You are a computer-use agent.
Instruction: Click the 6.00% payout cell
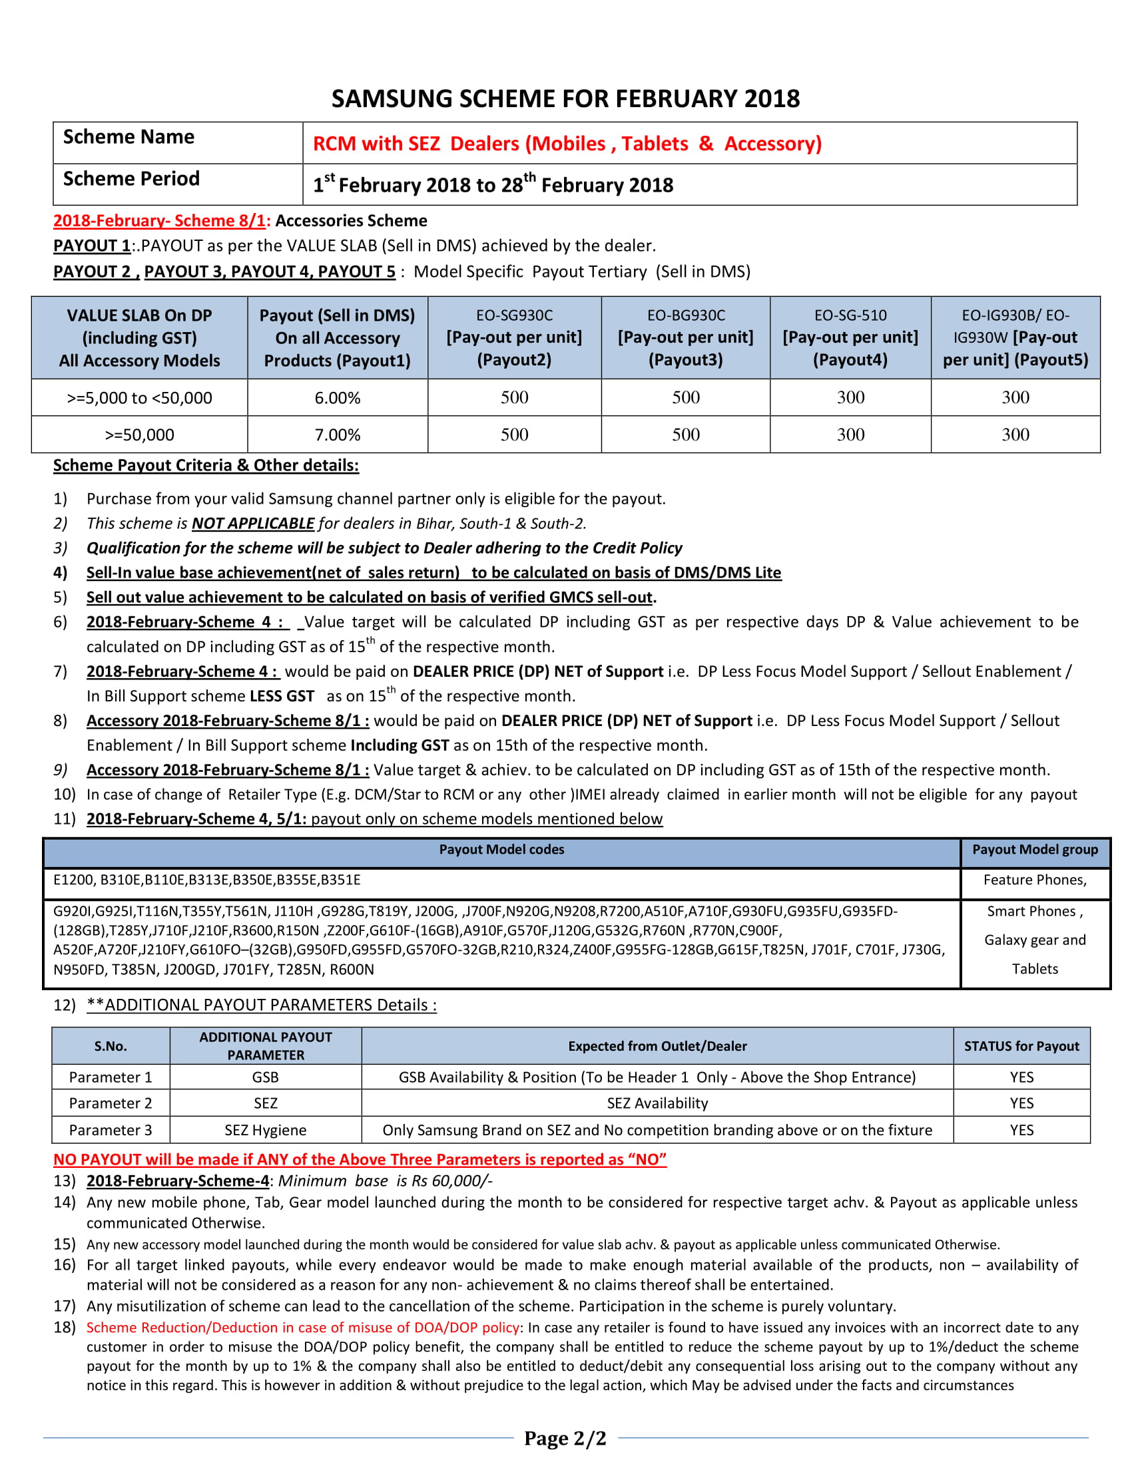pos(338,397)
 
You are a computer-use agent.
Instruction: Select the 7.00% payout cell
pos(338,435)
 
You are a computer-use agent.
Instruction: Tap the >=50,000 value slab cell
pos(139,435)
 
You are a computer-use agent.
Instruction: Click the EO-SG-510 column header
pos(850,337)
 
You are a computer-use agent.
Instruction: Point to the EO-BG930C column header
pos(685,337)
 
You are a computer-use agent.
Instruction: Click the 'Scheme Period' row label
pos(131,179)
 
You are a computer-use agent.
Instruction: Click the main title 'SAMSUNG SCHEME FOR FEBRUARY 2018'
pos(565,98)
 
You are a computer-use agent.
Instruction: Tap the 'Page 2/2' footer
pos(565,1438)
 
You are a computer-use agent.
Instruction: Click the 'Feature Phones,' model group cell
pos(1035,880)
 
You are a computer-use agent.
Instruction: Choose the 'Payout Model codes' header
pos(501,849)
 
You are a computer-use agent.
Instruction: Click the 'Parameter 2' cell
pos(111,1103)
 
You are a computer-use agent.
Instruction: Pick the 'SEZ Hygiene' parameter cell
pos(266,1129)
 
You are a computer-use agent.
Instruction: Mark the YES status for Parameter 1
pos(1021,1077)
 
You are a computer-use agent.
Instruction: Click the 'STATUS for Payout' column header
pos(1021,1045)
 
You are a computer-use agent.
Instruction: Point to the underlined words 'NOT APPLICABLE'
pos(253,523)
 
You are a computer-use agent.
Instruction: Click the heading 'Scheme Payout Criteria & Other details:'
pos(206,465)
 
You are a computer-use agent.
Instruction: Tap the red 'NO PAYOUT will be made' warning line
pos(360,1159)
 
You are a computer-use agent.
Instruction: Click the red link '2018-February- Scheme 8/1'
pos(160,220)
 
